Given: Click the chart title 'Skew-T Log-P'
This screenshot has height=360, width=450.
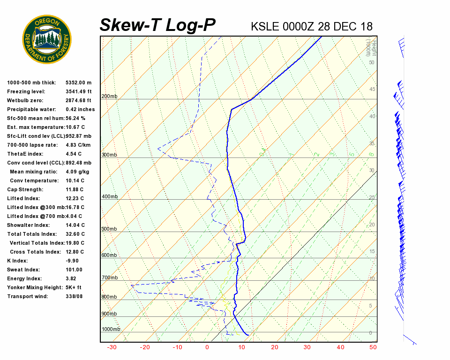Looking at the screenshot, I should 157,25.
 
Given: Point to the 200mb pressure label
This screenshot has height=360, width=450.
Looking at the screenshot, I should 109,97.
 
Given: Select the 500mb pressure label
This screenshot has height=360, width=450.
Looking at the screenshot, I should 109,229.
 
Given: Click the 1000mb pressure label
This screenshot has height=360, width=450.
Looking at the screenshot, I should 111,330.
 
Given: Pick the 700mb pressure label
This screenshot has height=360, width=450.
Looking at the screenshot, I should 109,278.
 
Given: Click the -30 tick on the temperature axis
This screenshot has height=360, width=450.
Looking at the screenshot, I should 112,347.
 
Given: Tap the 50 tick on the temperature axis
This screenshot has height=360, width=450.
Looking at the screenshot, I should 373,347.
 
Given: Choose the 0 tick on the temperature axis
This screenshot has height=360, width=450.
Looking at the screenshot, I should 207,347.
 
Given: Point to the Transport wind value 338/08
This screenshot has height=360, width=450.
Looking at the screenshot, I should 75,296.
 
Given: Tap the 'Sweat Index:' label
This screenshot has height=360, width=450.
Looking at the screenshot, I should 23,270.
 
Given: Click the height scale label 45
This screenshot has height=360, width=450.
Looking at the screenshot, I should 372,90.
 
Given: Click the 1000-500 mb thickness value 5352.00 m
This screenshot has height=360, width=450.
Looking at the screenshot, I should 79,82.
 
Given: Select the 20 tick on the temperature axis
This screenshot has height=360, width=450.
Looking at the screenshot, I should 275,347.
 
